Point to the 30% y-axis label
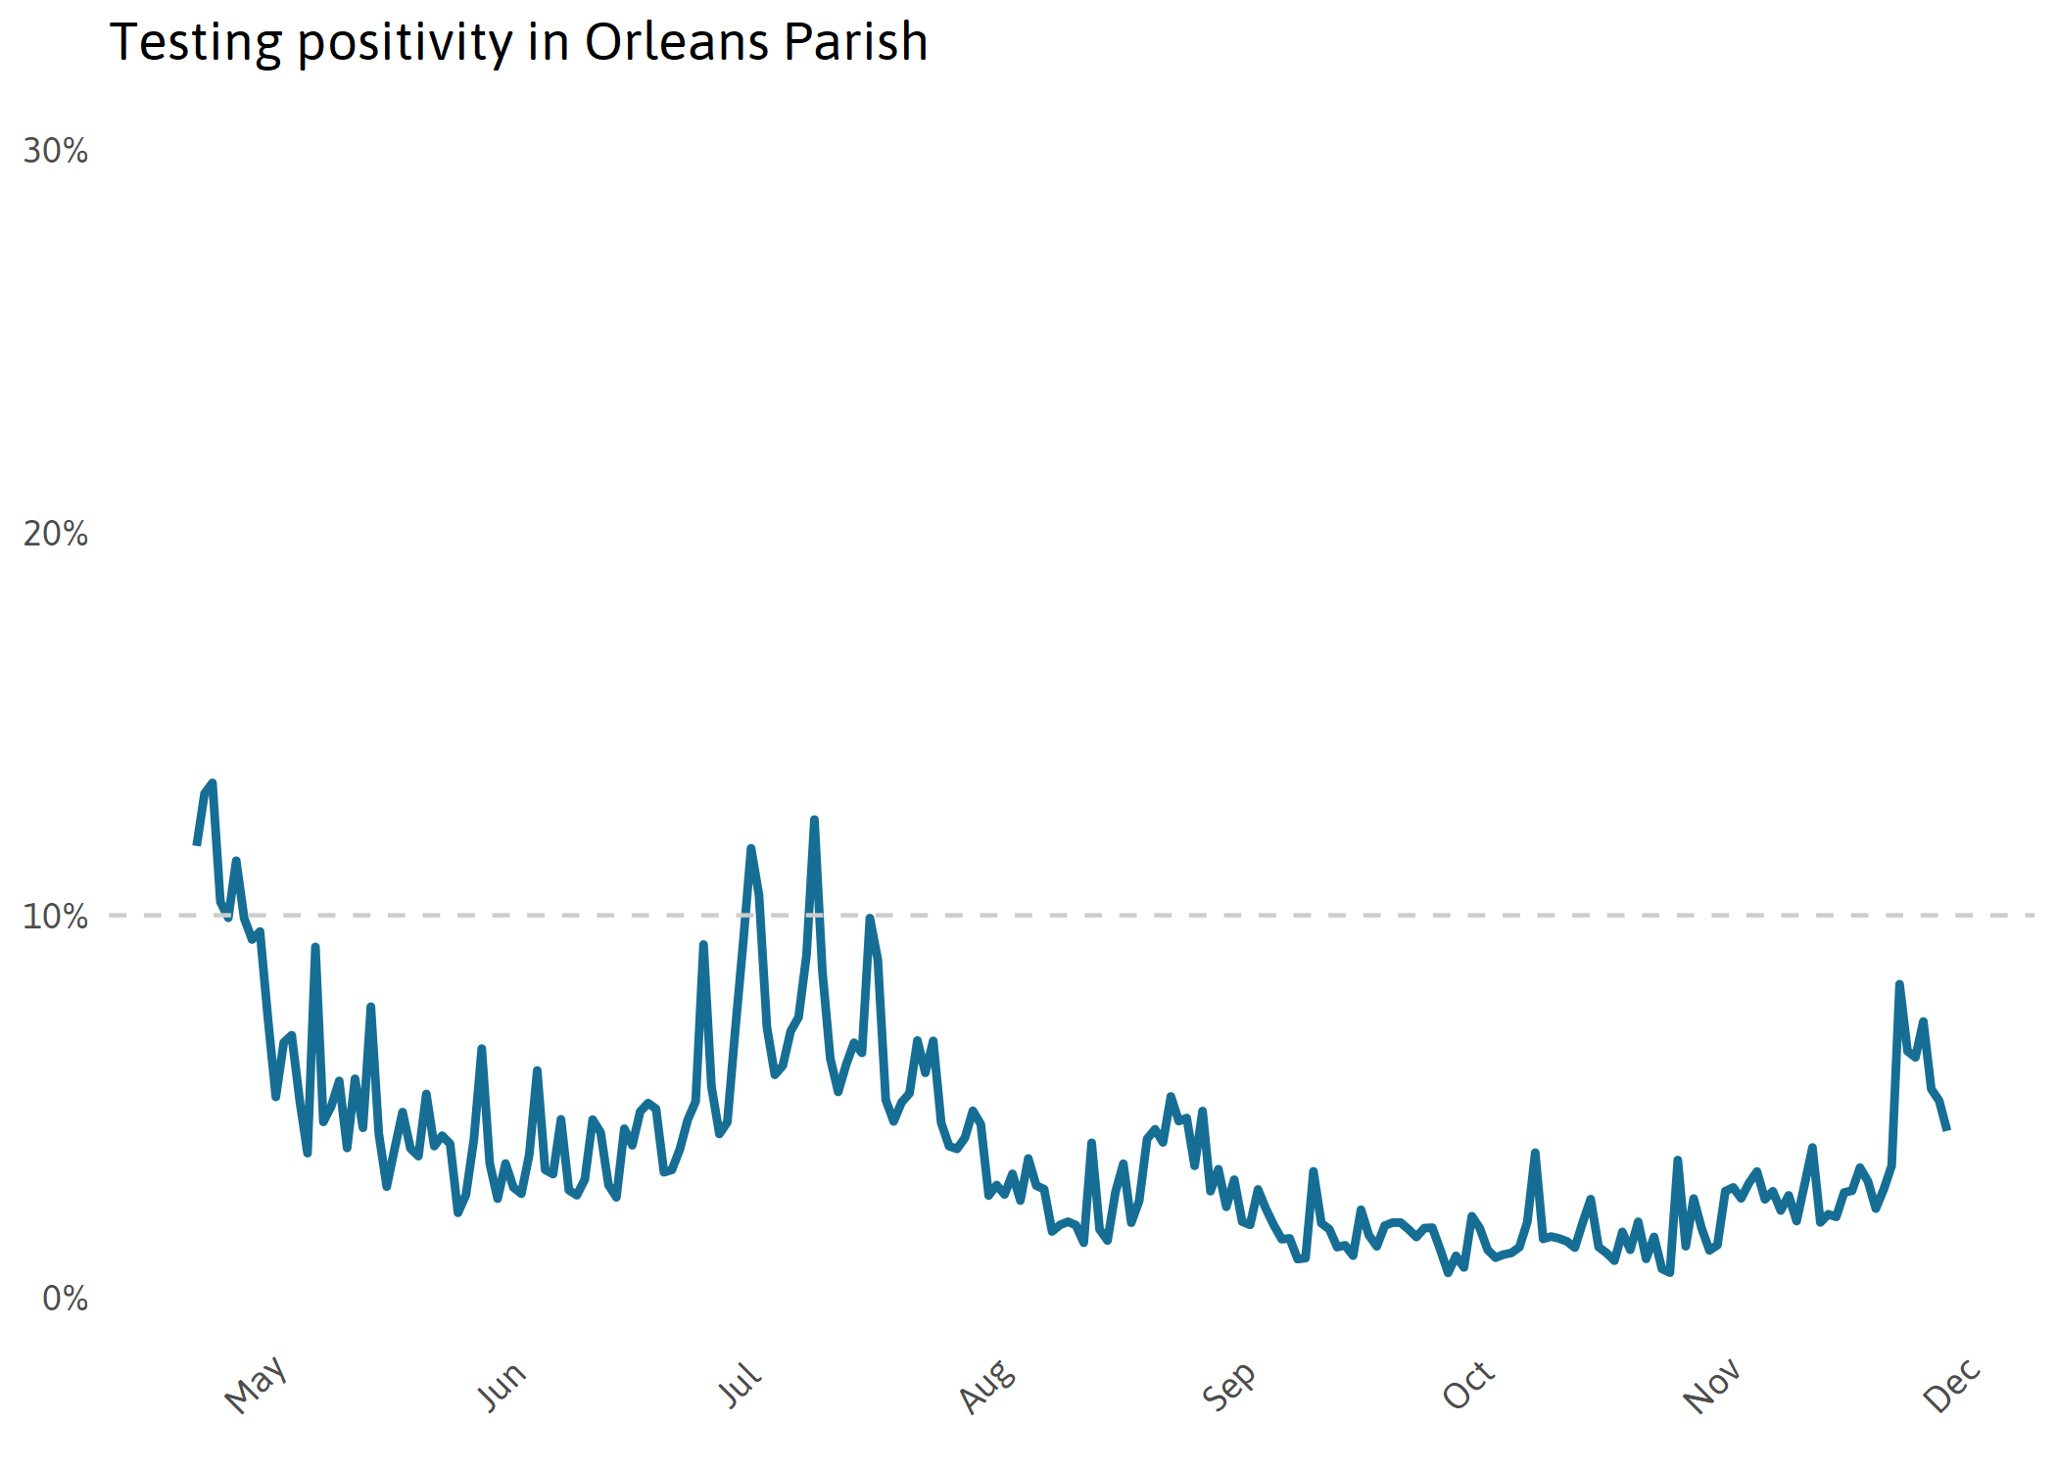pos(56,151)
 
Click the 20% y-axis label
pos(56,534)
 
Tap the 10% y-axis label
pos(56,917)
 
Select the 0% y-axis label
pos(66,1299)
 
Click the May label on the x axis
pos(256,1385)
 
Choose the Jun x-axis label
pos(502,1386)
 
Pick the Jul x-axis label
pos(741,1385)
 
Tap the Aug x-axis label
pos(987,1386)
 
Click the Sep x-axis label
pos(1228,1386)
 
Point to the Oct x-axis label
pos(1468,1385)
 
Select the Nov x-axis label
pos(1711,1386)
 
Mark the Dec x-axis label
pos(1952,1385)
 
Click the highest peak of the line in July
pos(814,820)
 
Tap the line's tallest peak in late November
pos(1899,984)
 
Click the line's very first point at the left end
pos(197,843)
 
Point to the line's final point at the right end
pos(1947,1129)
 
